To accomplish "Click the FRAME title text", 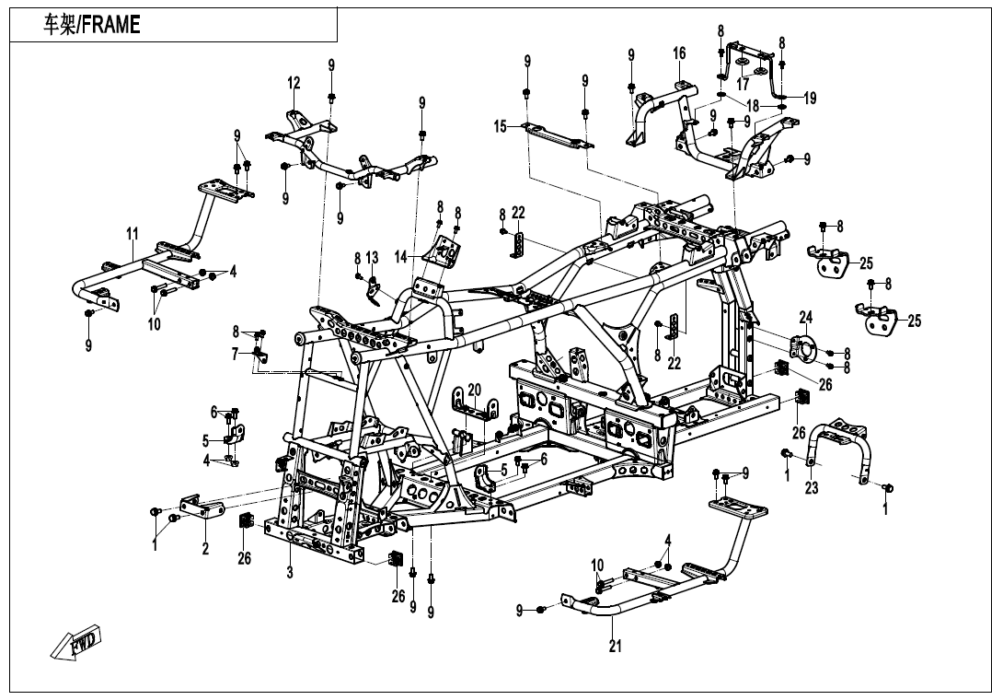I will (93, 25).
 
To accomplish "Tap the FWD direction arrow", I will (77, 642).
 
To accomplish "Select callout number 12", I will (294, 83).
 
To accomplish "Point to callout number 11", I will (133, 235).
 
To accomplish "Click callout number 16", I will (679, 54).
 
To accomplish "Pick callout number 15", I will (501, 126).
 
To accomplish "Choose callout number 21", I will (616, 647).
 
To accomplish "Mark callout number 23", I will (811, 488).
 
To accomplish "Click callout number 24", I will (806, 318).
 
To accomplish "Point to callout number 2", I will (205, 549).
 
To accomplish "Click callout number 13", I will (372, 257).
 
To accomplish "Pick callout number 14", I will (401, 258).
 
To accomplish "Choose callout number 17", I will (743, 85).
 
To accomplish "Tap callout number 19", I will (810, 99).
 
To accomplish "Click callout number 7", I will (236, 354).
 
